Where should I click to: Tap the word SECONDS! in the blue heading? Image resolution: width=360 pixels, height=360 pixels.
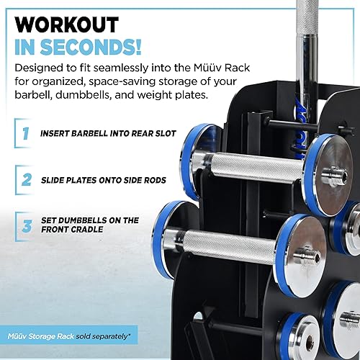96,48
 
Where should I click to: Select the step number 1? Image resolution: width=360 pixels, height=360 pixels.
25,133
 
